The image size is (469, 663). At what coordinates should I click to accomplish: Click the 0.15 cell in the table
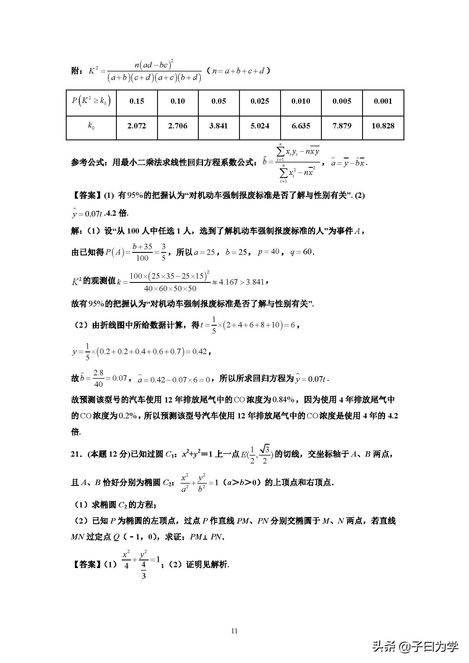tap(137, 101)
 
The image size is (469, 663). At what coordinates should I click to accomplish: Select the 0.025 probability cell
tap(260, 101)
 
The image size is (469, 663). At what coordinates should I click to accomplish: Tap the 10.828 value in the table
tap(383, 126)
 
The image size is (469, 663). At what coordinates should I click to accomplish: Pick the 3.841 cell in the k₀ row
tap(219, 126)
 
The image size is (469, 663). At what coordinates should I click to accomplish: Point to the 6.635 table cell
tap(301, 126)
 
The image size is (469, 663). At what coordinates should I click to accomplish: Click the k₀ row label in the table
tap(91, 126)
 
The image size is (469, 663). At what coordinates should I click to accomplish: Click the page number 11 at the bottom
tap(234, 631)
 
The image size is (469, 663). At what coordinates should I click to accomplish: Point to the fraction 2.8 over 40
tap(98, 378)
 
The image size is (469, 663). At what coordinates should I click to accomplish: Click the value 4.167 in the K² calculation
tap(228, 282)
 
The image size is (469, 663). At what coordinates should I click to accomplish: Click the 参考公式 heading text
tap(87, 163)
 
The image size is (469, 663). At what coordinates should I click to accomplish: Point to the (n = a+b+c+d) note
tap(238, 71)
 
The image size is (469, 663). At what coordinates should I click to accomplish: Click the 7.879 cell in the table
tap(342, 126)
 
